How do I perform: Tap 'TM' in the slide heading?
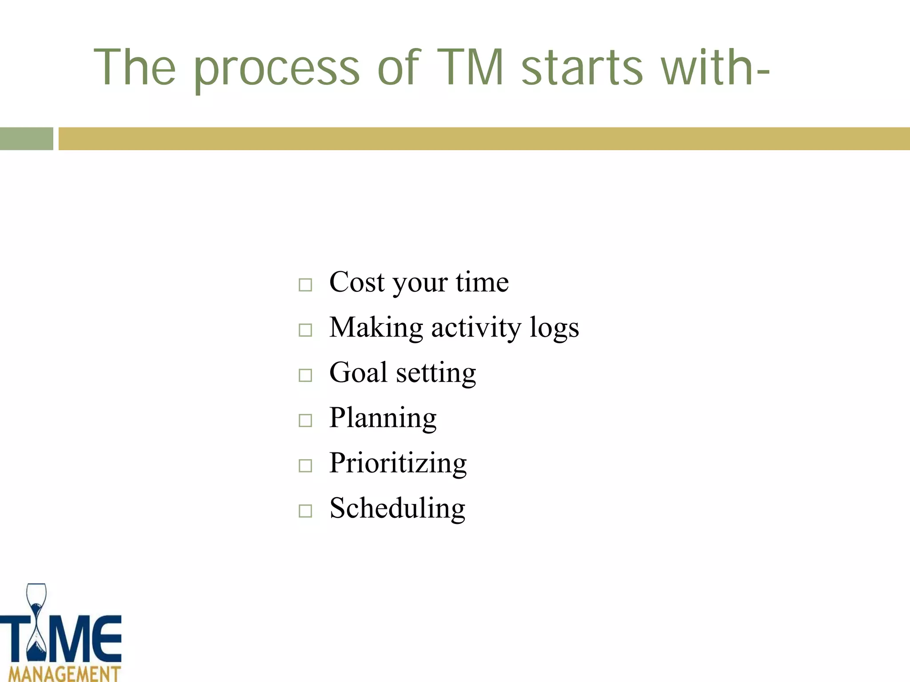(470, 67)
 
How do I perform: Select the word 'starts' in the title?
(582, 67)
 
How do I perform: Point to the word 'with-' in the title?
(715, 67)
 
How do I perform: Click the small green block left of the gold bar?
(26, 139)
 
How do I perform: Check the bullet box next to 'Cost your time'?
(305, 285)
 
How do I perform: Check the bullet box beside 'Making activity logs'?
(305, 330)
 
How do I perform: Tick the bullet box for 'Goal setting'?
(305, 375)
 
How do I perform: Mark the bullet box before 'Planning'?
(305, 420)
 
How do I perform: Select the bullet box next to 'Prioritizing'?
(305, 466)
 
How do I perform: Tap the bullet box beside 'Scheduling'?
(305, 511)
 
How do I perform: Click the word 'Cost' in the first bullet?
(357, 282)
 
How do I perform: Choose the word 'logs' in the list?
(554, 329)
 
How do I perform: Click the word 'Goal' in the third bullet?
(358, 373)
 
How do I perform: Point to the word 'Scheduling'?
(397, 508)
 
